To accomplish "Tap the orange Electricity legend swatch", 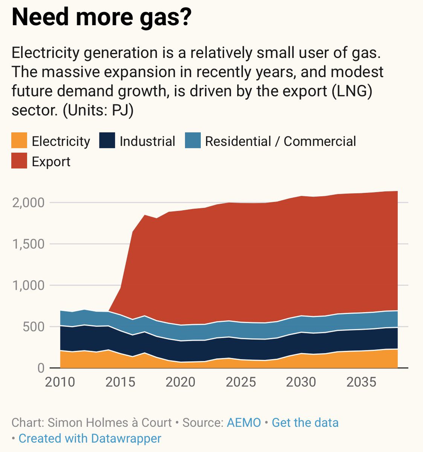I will pos(19,141).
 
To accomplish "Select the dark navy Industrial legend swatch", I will pos(107,141).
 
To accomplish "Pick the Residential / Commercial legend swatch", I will pos(193,141).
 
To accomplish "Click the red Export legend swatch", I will pos(19,161).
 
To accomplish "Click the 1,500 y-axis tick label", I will pos(28,244).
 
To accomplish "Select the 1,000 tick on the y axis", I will pos(28,286).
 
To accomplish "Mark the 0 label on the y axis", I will pos(41,368).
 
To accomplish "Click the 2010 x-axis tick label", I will pos(60,382).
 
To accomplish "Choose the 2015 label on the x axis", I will pos(121,382).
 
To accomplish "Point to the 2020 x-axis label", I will pos(181,382).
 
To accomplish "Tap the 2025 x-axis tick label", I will pos(241,382).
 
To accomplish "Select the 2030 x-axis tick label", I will pos(301,382).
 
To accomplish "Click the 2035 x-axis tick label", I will pos(361,382).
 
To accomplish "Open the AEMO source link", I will pos(244,423).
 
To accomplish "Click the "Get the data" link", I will pos(305,423).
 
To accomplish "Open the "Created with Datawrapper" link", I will pos(90,438).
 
